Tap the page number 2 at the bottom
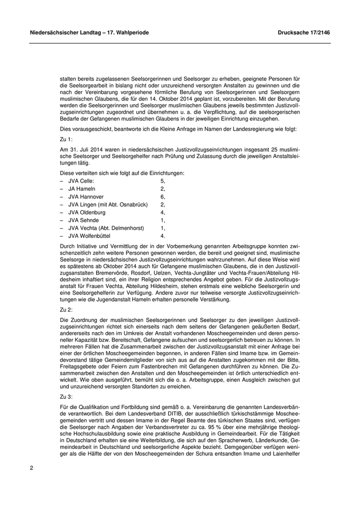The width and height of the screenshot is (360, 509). click(31, 468)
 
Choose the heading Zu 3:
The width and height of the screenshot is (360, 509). click(66, 397)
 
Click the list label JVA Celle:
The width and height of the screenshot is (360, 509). click(81, 181)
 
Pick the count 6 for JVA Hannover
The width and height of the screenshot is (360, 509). click(163, 196)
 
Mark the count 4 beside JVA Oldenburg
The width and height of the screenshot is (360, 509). click(163, 212)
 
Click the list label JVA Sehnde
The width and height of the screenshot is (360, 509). click(84, 220)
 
